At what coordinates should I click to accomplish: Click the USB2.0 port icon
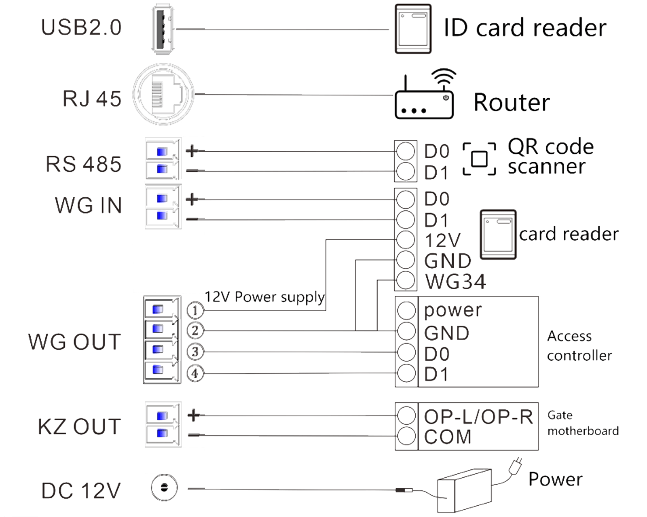(x=163, y=29)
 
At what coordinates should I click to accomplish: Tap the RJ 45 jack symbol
(x=163, y=94)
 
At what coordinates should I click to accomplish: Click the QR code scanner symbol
(x=479, y=159)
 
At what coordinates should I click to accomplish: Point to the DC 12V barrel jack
(x=164, y=488)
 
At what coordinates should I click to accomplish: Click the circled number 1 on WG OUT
(x=195, y=310)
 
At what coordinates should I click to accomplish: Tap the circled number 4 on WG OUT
(x=195, y=373)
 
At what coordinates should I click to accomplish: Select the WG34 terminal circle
(x=406, y=280)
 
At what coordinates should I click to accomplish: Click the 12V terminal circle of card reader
(x=406, y=240)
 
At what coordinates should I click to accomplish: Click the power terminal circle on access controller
(x=406, y=310)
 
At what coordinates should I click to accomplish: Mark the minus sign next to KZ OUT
(x=193, y=435)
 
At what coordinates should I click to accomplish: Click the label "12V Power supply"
(x=264, y=297)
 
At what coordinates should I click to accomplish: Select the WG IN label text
(x=89, y=206)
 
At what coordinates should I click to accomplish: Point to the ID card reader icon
(x=413, y=29)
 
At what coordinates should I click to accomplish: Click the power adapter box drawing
(x=465, y=491)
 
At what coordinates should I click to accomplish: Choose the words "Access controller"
(x=579, y=346)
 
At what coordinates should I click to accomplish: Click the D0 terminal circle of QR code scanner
(x=406, y=151)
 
